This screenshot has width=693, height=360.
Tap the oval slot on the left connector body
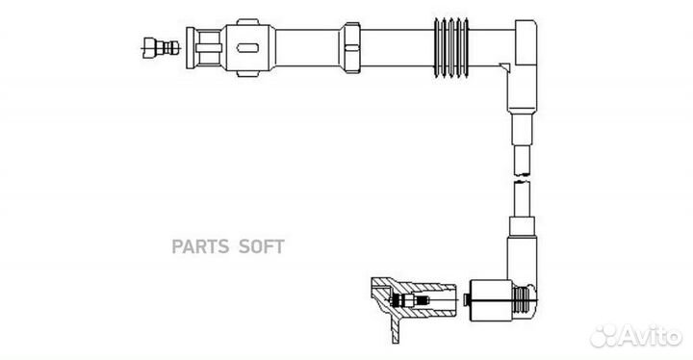[x=245, y=44]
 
